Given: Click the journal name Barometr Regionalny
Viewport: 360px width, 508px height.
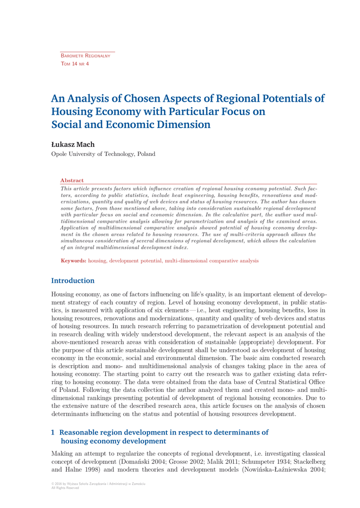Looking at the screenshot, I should click(x=85, y=56).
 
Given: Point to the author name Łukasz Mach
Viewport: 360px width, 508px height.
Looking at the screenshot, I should click(x=73, y=144).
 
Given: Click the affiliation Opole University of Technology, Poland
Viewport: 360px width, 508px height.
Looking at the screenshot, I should click(x=103, y=154).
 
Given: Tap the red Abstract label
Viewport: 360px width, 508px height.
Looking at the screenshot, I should click(x=72, y=181).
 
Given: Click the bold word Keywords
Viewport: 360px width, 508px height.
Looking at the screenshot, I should click(x=73, y=260).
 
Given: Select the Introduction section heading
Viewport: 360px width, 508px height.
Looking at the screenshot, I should click(x=73, y=281).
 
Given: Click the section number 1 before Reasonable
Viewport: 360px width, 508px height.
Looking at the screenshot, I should click(x=54, y=432).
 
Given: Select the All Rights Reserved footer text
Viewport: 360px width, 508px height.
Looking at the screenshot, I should click(x=65, y=488).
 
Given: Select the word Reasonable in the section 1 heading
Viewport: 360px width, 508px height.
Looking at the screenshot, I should click(x=83, y=432).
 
